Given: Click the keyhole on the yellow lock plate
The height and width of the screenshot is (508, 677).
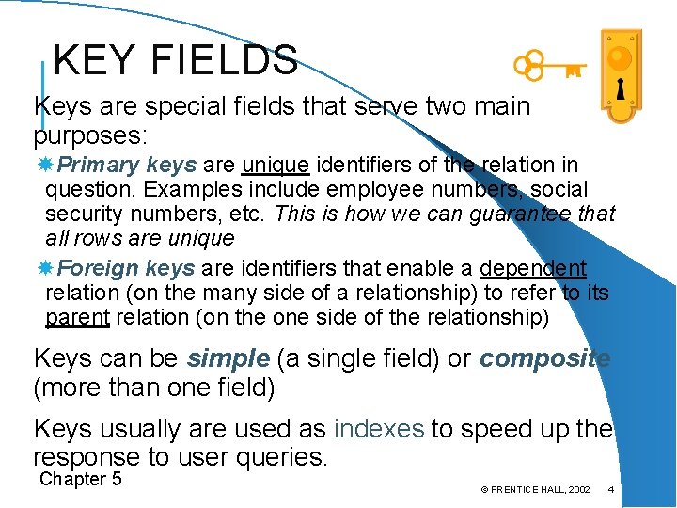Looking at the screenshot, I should [x=620, y=89].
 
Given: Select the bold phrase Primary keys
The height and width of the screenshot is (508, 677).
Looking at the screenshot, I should [x=127, y=165].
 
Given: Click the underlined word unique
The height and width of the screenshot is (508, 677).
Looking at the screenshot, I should [x=276, y=165].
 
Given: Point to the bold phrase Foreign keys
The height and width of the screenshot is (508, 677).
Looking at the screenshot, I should [x=127, y=268].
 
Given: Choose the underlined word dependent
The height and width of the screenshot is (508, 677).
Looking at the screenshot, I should [x=533, y=268].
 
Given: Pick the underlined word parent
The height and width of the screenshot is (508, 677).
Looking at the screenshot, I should [x=77, y=317].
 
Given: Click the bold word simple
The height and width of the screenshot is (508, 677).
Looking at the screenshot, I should [x=228, y=358].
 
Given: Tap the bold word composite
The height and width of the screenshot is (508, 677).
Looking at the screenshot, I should [x=544, y=358].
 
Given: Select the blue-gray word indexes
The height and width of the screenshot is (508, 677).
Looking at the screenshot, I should [x=378, y=429].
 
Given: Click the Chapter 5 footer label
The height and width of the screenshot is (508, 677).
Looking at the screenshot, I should [x=81, y=479].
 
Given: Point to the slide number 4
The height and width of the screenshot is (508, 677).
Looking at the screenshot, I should [x=611, y=489].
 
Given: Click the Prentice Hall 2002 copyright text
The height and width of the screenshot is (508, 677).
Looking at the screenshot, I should [x=535, y=490].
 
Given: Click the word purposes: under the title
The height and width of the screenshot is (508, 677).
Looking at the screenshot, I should [x=90, y=134].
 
